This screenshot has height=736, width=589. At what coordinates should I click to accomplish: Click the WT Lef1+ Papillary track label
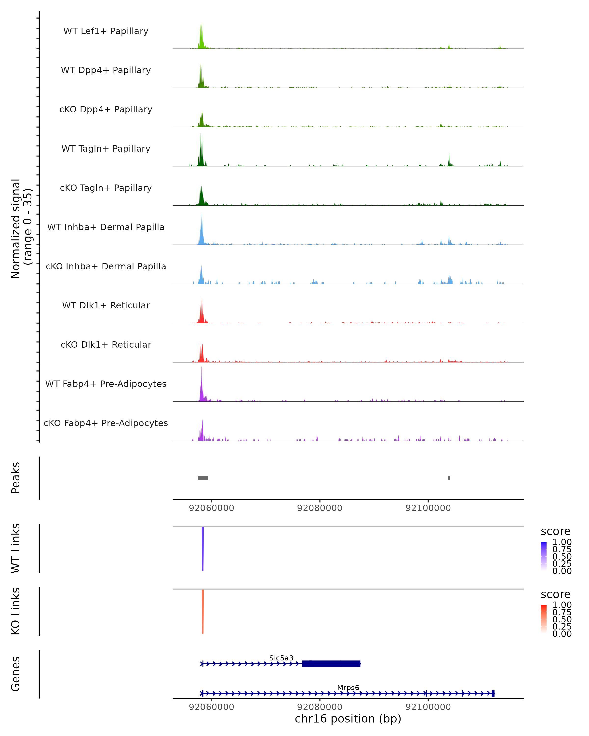click(x=106, y=31)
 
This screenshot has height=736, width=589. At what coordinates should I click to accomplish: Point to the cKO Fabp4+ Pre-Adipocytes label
click(x=106, y=423)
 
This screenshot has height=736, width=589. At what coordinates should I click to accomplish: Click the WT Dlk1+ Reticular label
click(x=106, y=305)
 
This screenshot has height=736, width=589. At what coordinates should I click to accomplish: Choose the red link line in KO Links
click(x=202, y=611)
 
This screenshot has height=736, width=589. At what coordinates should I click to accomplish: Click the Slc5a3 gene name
click(x=281, y=658)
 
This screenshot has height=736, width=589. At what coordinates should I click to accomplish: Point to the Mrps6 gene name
click(x=348, y=687)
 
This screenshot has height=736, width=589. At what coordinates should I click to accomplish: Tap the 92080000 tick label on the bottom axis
click(x=320, y=707)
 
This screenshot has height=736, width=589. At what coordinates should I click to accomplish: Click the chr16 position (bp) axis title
click(x=348, y=719)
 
